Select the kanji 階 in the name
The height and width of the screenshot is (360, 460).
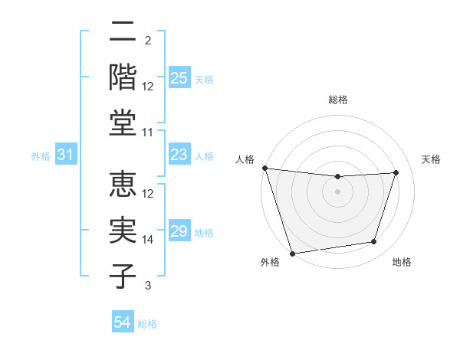123,77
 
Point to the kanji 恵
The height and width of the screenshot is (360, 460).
123,185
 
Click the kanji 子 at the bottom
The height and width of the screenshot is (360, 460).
123,277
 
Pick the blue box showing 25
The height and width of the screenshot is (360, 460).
179,77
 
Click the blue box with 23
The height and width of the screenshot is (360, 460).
179,155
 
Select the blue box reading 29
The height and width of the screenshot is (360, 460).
179,231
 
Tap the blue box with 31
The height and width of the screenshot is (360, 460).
66,155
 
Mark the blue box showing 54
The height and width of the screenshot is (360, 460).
123,323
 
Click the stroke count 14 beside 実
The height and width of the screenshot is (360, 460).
148,240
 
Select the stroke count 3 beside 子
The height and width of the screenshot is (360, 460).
148,286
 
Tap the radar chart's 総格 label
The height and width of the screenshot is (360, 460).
337,100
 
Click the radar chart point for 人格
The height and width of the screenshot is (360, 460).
264,168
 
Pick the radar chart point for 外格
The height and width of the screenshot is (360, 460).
292,253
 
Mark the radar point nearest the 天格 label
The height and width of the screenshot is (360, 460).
396,172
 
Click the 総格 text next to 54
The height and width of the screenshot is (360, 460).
147,324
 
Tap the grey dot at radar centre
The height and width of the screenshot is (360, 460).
337,191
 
